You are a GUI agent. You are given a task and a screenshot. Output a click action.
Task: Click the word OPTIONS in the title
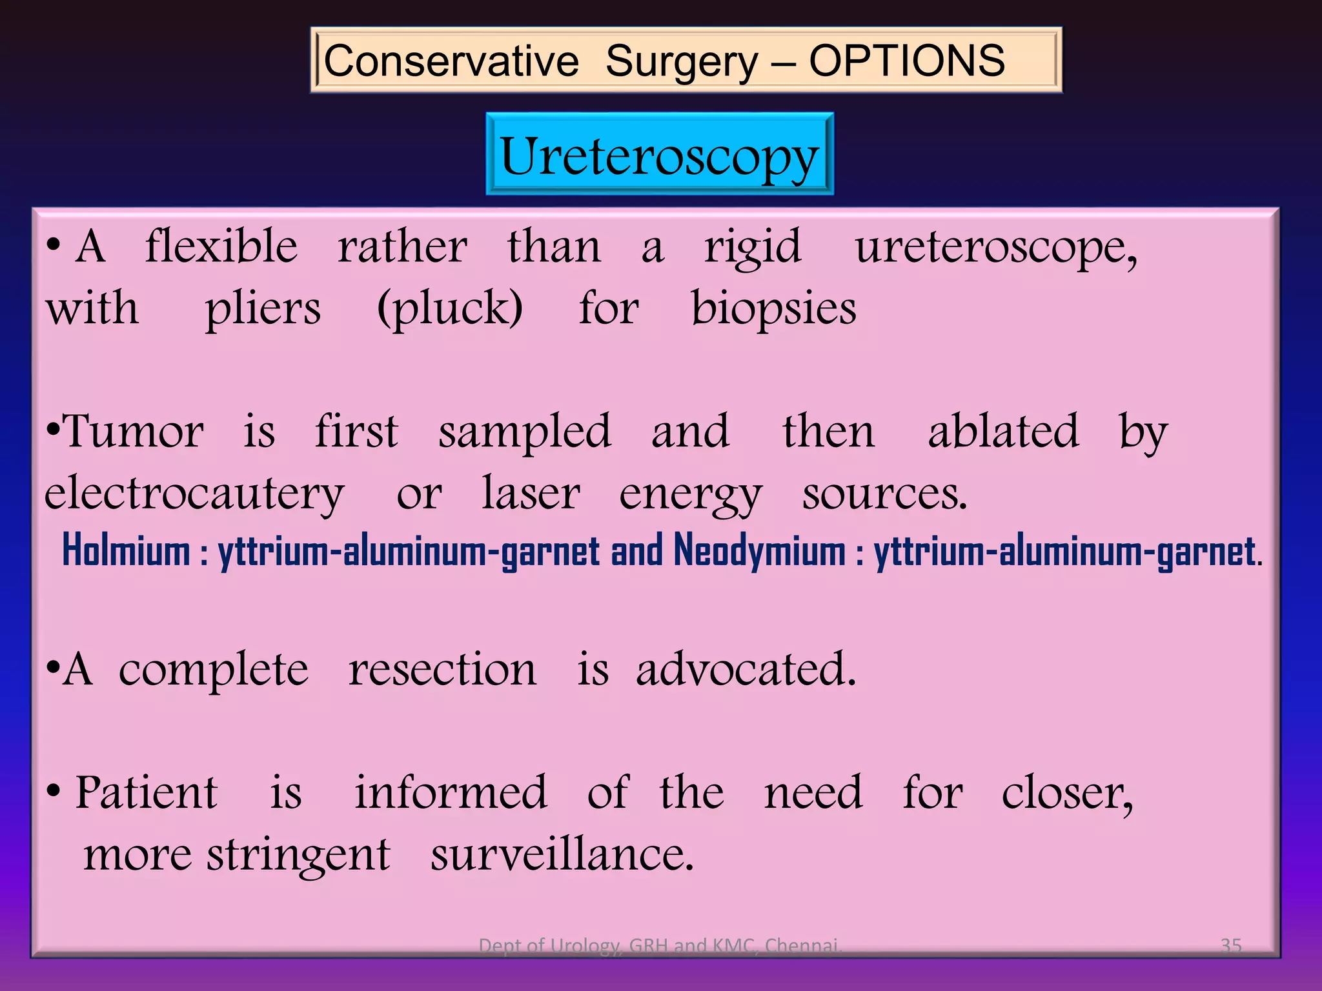pyautogui.click(x=906, y=61)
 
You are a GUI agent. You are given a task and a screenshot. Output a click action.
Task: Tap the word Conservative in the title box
pyautogui.click(x=451, y=61)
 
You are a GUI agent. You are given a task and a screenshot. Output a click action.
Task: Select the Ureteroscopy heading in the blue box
pyautogui.click(x=659, y=155)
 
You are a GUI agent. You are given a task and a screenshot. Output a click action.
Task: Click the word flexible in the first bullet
pyautogui.click(x=221, y=246)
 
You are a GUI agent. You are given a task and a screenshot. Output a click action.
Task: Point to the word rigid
pyautogui.click(x=753, y=248)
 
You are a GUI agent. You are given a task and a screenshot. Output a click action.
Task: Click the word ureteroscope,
pyautogui.click(x=996, y=248)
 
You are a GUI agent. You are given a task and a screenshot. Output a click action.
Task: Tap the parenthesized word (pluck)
pyautogui.click(x=450, y=308)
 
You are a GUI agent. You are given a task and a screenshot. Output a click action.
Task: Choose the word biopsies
pyautogui.click(x=773, y=308)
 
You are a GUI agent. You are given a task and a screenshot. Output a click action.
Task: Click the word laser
pyautogui.click(x=531, y=493)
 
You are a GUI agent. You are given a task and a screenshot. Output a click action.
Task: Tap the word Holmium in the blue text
pyautogui.click(x=126, y=552)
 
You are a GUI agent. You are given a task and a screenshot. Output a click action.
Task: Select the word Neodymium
pyautogui.click(x=759, y=552)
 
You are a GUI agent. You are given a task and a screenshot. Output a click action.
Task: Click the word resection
pyautogui.click(x=442, y=670)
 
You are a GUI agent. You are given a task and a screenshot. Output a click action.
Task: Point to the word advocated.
pyautogui.click(x=746, y=670)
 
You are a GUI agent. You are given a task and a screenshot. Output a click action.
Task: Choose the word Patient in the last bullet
pyautogui.click(x=147, y=792)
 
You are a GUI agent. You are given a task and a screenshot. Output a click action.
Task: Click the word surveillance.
pyautogui.click(x=562, y=855)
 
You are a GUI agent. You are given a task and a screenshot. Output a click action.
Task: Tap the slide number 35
pyautogui.click(x=1231, y=945)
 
